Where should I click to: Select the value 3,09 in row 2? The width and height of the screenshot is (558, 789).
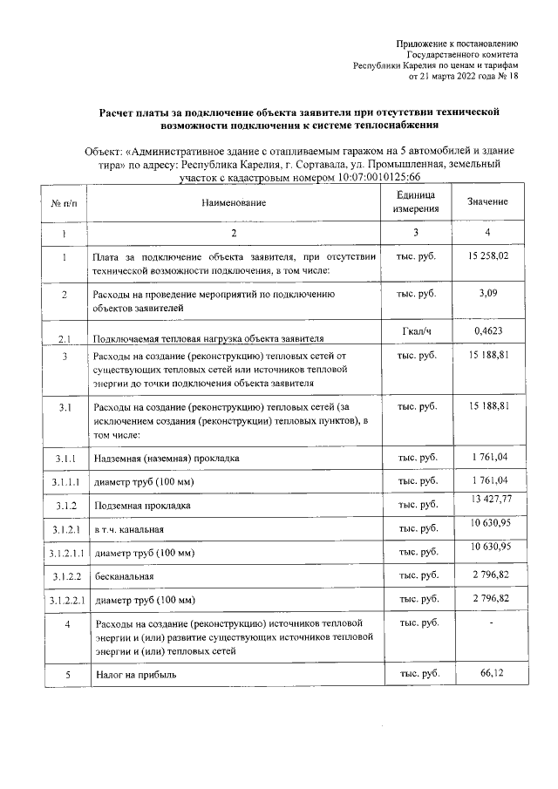(x=487, y=295)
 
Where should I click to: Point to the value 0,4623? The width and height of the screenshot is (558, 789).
(x=487, y=332)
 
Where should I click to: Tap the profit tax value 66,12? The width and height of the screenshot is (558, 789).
(x=487, y=674)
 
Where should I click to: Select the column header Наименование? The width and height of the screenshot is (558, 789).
(x=233, y=202)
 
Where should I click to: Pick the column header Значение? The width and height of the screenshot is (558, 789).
(x=487, y=202)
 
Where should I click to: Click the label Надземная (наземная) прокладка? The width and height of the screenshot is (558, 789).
(x=166, y=458)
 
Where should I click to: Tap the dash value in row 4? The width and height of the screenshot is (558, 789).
(x=491, y=623)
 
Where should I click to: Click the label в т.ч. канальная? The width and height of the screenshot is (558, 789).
(x=129, y=529)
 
